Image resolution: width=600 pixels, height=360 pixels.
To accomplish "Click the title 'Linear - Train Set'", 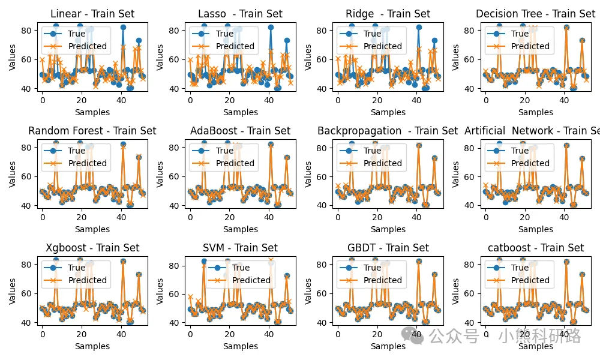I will tap(92, 14).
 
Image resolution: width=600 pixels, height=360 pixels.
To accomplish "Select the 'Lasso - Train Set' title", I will tap(240, 14).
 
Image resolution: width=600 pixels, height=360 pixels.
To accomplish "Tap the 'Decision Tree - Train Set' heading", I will tap(535, 14).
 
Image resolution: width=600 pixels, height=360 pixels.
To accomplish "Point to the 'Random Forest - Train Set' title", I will tap(92, 131).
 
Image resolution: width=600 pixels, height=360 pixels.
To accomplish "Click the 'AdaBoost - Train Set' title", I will tap(240, 131).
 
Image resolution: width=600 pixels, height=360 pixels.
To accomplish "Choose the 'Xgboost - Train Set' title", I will tap(92, 248).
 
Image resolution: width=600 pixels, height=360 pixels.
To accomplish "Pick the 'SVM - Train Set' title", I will tap(240, 248).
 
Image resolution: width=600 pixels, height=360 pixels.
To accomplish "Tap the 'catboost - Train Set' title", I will tap(535, 248).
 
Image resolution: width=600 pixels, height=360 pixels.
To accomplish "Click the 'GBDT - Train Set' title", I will tap(388, 248).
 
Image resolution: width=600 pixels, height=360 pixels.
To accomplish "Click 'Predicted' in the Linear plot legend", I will tap(88, 46).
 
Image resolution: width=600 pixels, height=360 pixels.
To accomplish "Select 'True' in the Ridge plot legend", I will tap(372, 34).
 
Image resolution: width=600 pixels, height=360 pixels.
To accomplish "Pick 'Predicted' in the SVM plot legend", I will tap(251, 280).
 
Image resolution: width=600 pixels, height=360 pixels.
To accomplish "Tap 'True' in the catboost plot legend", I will tap(520, 268).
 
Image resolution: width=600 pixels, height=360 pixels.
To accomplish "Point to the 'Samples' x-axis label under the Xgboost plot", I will tap(92, 346).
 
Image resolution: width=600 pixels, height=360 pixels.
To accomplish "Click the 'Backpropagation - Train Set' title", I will tap(388, 131).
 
